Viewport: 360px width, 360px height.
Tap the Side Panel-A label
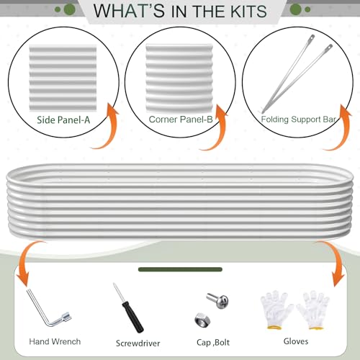pos(63,120)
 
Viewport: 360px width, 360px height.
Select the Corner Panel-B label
pos(181,120)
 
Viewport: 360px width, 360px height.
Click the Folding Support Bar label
pos(298,120)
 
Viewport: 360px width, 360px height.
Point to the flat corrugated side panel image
pos(63,78)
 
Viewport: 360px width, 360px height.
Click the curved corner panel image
pos(179,78)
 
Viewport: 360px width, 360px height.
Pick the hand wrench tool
pos(49,307)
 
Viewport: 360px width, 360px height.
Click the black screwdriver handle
pos(132,317)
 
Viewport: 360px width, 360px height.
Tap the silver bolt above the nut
pos(217,301)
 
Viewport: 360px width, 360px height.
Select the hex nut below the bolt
pos(202,320)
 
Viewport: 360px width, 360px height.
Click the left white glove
pos(276,310)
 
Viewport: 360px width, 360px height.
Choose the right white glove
pos(313,310)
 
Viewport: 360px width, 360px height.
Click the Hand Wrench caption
pos(55,341)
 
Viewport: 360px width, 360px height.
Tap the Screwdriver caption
pos(138,343)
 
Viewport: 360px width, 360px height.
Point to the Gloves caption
pos(296,341)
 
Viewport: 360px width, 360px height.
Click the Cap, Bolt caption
pos(213,343)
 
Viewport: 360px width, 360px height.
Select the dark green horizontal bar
pos(180,269)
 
